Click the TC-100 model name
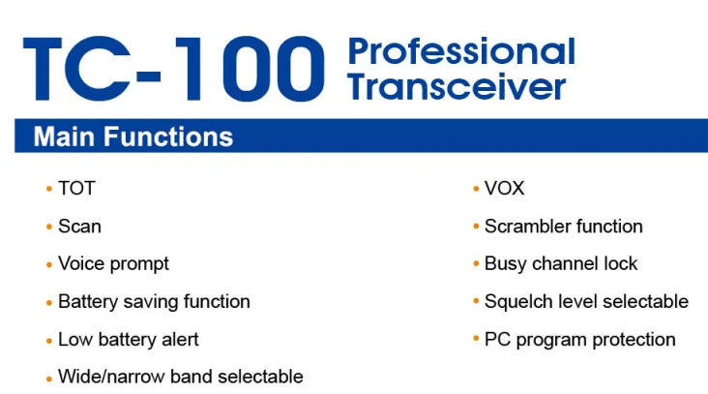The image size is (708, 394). coord(174,69)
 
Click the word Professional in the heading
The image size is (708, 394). coord(461,52)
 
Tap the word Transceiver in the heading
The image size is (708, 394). coord(457,87)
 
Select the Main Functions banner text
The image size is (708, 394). coord(133,136)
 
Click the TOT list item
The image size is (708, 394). coord(76,189)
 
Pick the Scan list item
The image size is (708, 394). coord(79,227)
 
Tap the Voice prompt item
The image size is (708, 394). coord(113,264)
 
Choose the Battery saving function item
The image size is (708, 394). coord(154,302)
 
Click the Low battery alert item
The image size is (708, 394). coord(129,340)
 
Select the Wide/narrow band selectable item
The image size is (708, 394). coord(181,377)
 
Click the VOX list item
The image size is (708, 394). coord(504,189)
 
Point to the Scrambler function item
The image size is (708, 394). coord(564,227)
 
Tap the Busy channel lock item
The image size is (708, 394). coord(561,264)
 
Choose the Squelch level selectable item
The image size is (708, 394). coord(586,302)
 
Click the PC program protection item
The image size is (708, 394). coord(579,340)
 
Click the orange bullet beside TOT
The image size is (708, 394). coord(49,189)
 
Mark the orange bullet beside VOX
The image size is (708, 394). coord(476,189)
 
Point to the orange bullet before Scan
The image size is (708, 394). coord(49,227)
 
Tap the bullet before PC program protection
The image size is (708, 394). coord(476,339)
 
